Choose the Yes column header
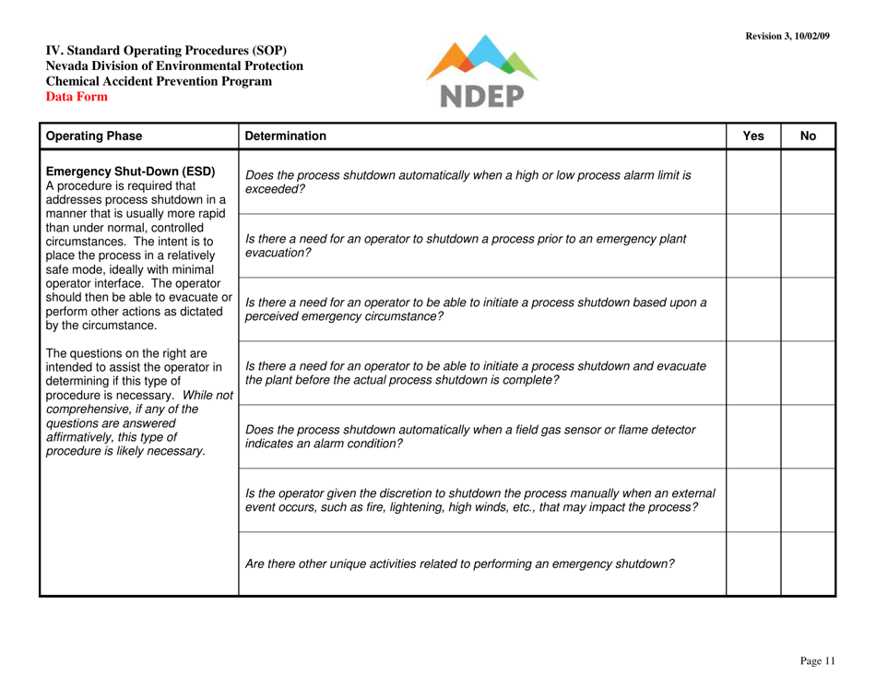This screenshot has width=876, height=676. click(753, 136)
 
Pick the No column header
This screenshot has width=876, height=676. click(808, 136)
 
